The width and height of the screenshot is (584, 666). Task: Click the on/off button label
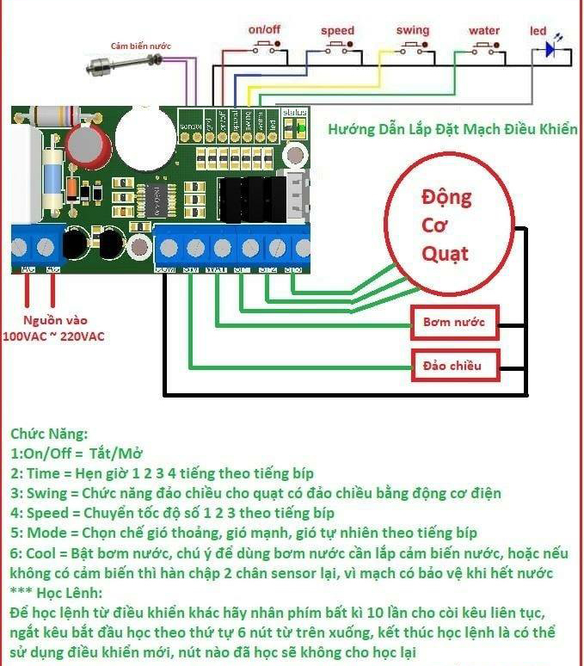[265, 29]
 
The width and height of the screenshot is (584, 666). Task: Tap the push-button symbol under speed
[337, 48]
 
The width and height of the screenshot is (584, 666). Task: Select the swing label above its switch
[413, 30]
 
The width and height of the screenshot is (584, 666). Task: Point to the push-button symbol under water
[484, 48]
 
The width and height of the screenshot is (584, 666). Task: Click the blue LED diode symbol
[550, 51]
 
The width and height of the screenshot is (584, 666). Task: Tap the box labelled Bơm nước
[454, 324]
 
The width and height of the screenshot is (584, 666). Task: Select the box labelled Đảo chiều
[453, 366]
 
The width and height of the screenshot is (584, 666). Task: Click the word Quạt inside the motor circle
[446, 253]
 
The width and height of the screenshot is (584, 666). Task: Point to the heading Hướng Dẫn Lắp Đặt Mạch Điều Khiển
[452, 130]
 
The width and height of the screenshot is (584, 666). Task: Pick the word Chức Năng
[49, 435]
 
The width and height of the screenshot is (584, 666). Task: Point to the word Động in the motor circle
[446, 197]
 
